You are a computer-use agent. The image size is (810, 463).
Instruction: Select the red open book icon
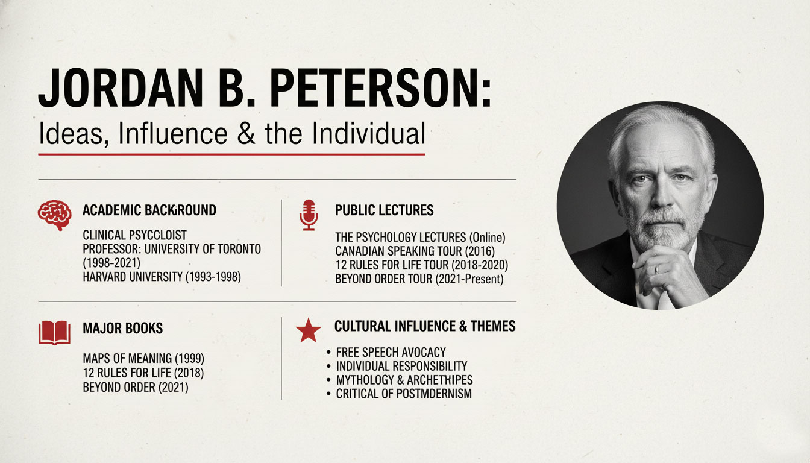tap(54, 332)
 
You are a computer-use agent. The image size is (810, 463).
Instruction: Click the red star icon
tap(309, 330)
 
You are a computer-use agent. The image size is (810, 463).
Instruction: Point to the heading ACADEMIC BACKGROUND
tap(149, 210)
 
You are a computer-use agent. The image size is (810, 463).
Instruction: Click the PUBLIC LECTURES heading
tap(384, 210)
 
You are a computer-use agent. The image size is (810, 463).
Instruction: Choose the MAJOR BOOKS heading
tap(122, 329)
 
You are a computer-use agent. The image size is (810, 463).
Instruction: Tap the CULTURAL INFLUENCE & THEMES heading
tap(425, 327)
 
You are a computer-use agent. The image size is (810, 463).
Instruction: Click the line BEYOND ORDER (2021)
tap(136, 387)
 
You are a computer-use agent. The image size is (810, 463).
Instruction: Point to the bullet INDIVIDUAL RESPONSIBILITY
tap(401, 366)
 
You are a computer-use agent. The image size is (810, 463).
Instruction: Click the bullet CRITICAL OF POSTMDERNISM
tap(404, 394)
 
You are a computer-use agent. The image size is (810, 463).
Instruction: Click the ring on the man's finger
tap(657, 269)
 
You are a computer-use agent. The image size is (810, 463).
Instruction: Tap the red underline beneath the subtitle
tap(231, 154)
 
